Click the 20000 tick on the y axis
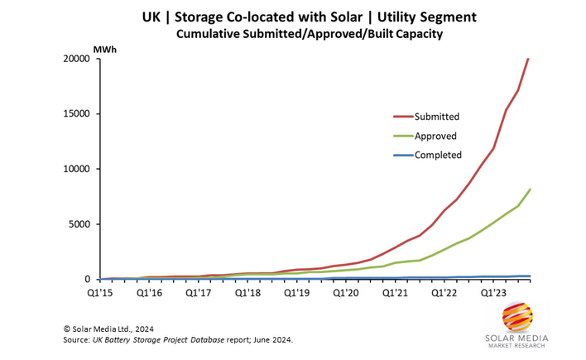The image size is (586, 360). click(75, 59)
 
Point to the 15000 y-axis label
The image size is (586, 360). click(75, 114)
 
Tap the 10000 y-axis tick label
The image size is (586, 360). click(75, 169)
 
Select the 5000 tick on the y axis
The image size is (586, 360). click(79, 224)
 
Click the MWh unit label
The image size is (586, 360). click(104, 50)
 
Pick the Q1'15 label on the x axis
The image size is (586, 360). click(102, 291)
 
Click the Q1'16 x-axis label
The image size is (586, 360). click(151, 291)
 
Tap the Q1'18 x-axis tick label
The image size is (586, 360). click(248, 291)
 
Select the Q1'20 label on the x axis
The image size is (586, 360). click(347, 291)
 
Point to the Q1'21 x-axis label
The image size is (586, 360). click(396, 291)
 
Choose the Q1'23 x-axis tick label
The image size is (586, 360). click(493, 291)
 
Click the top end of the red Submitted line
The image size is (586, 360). click(529, 59)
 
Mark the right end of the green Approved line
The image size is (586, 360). click(530, 190)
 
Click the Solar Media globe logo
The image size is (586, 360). click(516, 319)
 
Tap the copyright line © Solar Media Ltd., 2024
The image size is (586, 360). click(118, 329)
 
